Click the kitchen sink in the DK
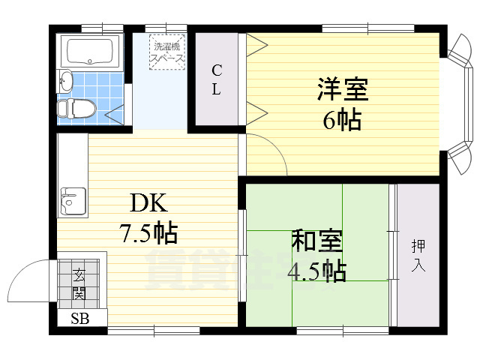(x=73, y=202)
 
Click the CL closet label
(x=216, y=80)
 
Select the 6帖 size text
(x=342, y=119)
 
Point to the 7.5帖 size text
(x=148, y=234)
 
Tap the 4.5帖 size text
(x=318, y=270)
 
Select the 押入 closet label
(x=418, y=255)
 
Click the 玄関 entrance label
(x=79, y=284)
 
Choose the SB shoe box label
(x=79, y=318)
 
